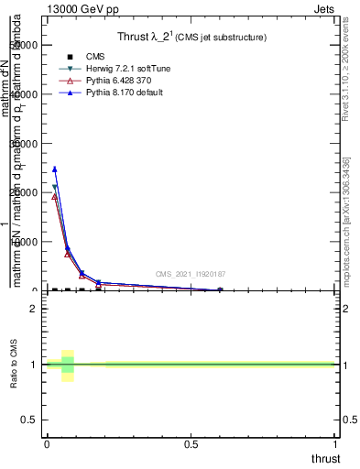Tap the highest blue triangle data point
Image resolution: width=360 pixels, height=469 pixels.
point(55,169)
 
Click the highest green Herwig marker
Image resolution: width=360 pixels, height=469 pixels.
point(55,187)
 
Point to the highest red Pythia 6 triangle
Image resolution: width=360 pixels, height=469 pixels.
point(55,196)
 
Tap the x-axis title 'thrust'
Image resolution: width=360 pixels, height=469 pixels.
point(324,458)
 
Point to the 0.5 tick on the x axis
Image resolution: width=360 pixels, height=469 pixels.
point(191,443)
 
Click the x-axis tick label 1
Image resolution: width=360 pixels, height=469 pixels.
point(336,443)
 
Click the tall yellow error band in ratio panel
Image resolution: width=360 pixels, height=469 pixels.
point(67,365)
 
